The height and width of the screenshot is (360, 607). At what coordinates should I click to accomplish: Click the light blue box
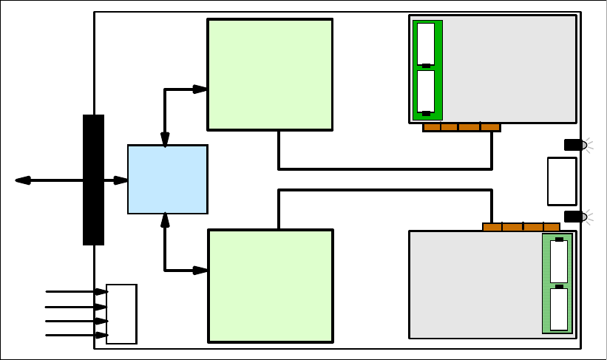pos(167,180)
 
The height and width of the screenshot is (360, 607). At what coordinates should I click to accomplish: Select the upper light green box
pos(270,75)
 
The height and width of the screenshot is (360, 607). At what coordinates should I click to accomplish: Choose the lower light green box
pos(271,286)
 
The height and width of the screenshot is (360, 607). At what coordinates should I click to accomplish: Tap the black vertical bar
pos(93,180)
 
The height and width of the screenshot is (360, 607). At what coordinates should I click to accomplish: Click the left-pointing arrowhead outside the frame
pos(23,180)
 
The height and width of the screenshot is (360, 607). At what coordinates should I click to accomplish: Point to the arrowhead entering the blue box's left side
pos(121,180)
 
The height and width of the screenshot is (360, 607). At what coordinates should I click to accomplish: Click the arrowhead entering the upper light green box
pos(200,89)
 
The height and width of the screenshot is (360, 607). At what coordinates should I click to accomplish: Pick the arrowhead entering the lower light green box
pos(200,271)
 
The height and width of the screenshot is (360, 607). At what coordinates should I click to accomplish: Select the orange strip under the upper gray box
pos(461,127)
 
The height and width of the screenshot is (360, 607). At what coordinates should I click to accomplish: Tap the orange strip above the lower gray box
pos(521,227)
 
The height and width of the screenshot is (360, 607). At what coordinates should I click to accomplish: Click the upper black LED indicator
pos(574,145)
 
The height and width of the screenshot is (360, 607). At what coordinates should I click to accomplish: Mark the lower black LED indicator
pos(574,217)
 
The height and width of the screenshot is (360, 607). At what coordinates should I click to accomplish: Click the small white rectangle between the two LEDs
pos(562,181)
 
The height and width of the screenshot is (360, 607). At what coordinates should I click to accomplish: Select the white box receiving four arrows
pos(121,314)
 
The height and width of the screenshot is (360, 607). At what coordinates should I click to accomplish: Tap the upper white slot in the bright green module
pos(426,44)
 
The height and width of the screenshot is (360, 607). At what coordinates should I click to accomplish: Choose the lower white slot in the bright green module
pos(426,91)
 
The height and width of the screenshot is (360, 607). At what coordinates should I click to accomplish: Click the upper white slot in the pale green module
pos(559,262)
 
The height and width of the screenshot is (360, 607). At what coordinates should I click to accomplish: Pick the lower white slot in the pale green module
pos(559,309)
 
